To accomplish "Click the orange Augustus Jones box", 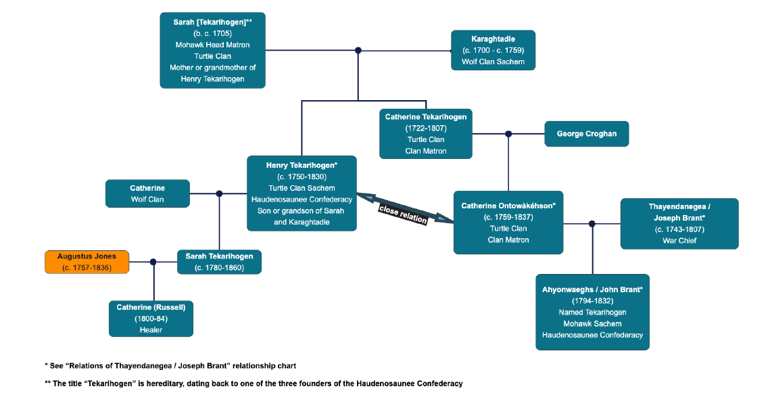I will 87,262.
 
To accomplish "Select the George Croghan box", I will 586,134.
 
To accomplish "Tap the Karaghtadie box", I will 493,50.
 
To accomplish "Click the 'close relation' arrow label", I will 403,213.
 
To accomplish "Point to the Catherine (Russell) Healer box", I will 151,319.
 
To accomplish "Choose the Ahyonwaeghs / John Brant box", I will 592,312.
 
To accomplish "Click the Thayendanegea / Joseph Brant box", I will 679,223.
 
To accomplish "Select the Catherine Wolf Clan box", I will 147,193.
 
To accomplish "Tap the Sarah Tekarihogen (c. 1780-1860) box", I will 219,262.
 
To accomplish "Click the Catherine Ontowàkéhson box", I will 508,223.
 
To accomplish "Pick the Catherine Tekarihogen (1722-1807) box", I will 425,134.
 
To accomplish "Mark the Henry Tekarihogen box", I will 302,193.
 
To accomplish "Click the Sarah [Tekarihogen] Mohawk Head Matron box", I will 212,50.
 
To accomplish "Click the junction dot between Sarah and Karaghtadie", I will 358,50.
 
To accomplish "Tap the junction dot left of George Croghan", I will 508,134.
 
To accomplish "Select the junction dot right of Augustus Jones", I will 153,262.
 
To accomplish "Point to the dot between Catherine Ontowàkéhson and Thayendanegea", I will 592,223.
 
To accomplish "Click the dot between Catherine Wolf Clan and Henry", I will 219,193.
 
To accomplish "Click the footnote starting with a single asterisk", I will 170,366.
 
